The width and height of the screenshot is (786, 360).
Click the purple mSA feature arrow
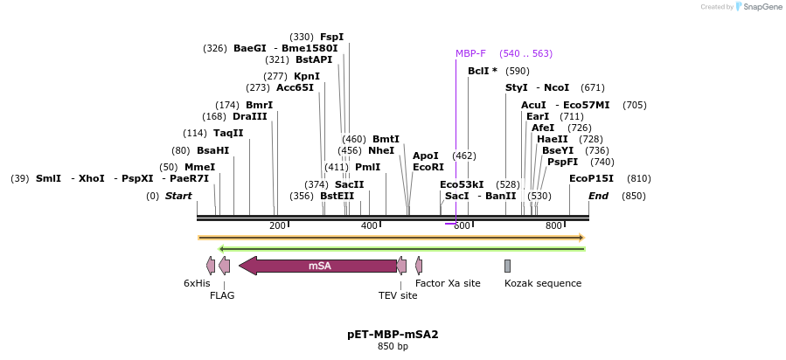click(x=319, y=266)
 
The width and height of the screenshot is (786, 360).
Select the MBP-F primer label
click(x=470, y=53)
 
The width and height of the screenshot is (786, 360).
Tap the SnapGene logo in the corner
click(x=760, y=7)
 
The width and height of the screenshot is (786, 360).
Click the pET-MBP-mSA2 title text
click(x=393, y=334)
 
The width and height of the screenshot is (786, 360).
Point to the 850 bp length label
click(x=393, y=347)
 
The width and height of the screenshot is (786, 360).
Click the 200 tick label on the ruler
click(x=277, y=226)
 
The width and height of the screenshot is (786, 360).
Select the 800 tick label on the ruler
click(x=553, y=226)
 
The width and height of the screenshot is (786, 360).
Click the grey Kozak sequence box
click(x=507, y=266)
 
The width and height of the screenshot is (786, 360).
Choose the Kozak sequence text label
click(x=542, y=283)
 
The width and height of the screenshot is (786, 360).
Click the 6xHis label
click(x=197, y=283)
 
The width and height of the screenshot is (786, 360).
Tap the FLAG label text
click(x=222, y=295)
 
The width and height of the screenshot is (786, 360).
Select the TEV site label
click(x=398, y=295)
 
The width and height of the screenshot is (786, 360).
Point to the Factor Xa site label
click(x=448, y=283)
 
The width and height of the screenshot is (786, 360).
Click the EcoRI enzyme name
click(x=428, y=167)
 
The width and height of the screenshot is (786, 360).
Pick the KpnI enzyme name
click(x=307, y=76)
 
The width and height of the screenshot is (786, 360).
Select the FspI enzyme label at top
click(x=332, y=37)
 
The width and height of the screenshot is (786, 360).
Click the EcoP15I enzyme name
click(x=591, y=178)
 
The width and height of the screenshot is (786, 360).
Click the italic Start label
click(x=178, y=196)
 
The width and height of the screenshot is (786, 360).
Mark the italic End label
click(x=598, y=196)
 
